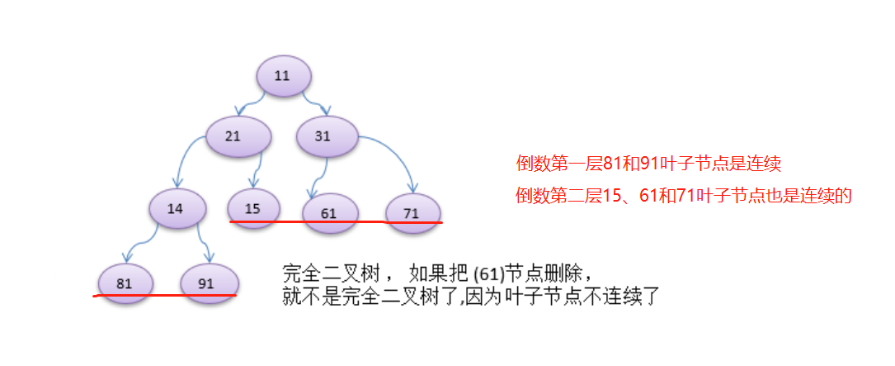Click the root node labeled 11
283,76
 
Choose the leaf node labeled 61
330,213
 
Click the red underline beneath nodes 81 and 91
165,295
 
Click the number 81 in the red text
613,164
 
